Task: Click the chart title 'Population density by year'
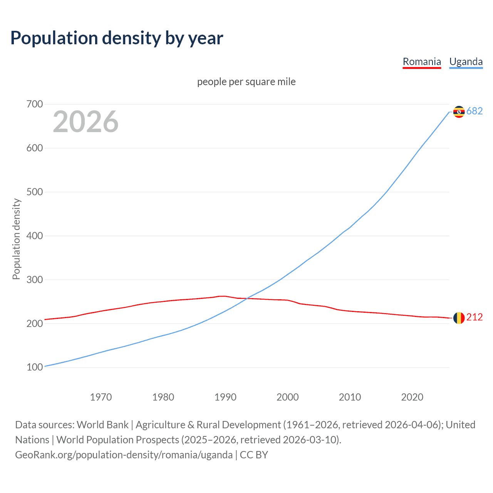(x=117, y=38)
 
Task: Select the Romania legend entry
(x=422, y=62)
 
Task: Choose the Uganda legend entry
(x=466, y=62)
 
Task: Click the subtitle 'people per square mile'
(x=246, y=82)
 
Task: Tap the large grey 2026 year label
(x=86, y=122)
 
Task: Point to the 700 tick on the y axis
(x=35, y=104)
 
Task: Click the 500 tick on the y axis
(x=35, y=192)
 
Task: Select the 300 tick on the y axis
(x=35, y=280)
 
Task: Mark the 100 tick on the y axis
(x=35, y=367)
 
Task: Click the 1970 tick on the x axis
(x=101, y=397)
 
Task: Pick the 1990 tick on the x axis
(x=225, y=397)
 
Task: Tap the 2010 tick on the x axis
(x=350, y=397)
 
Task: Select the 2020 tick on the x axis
(x=412, y=397)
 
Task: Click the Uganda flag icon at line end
(x=459, y=112)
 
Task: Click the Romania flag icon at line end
(x=459, y=318)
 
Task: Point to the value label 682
(x=475, y=111)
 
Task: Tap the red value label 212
(x=475, y=317)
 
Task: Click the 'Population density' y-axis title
(x=16, y=239)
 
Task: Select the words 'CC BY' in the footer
(x=254, y=455)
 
